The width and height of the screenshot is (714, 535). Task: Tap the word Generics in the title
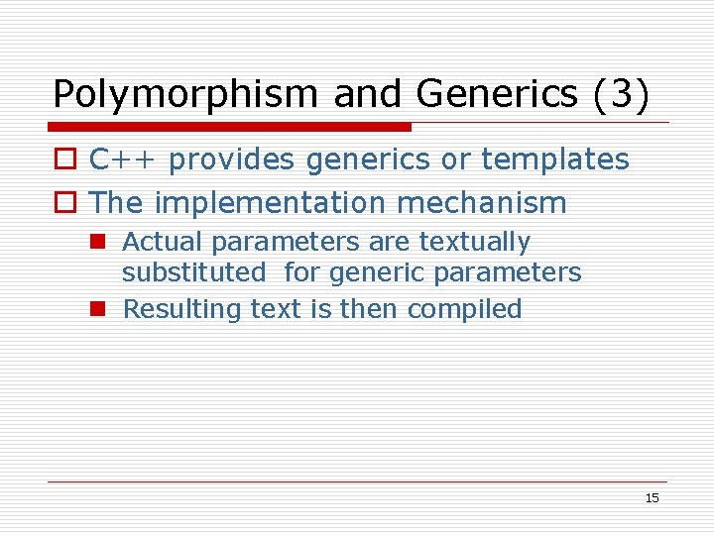pyautogui.click(x=497, y=94)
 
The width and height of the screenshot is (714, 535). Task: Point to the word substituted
pyautogui.click(x=193, y=272)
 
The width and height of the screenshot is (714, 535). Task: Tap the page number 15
pyautogui.click(x=652, y=498)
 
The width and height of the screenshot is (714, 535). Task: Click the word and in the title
pyautogui.click(x=368, y=94)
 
